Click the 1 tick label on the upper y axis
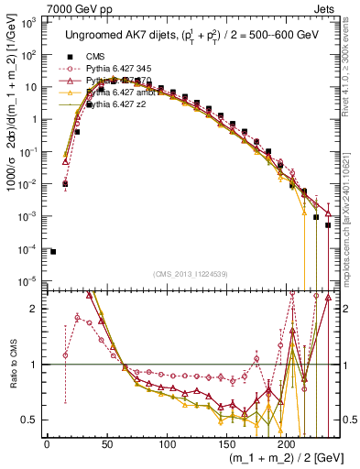(36, 119)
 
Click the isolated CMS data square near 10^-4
(53, 252)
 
